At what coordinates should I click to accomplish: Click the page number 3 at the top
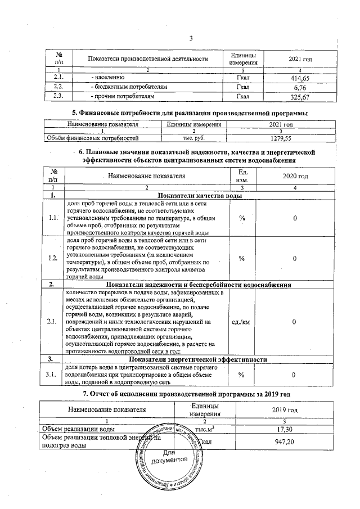(x=191, y=38)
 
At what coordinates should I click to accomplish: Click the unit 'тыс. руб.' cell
(x=193, y=137)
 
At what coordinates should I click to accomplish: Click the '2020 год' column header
(x=295, y=176)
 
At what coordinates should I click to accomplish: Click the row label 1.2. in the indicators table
(x=53, y=258)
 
